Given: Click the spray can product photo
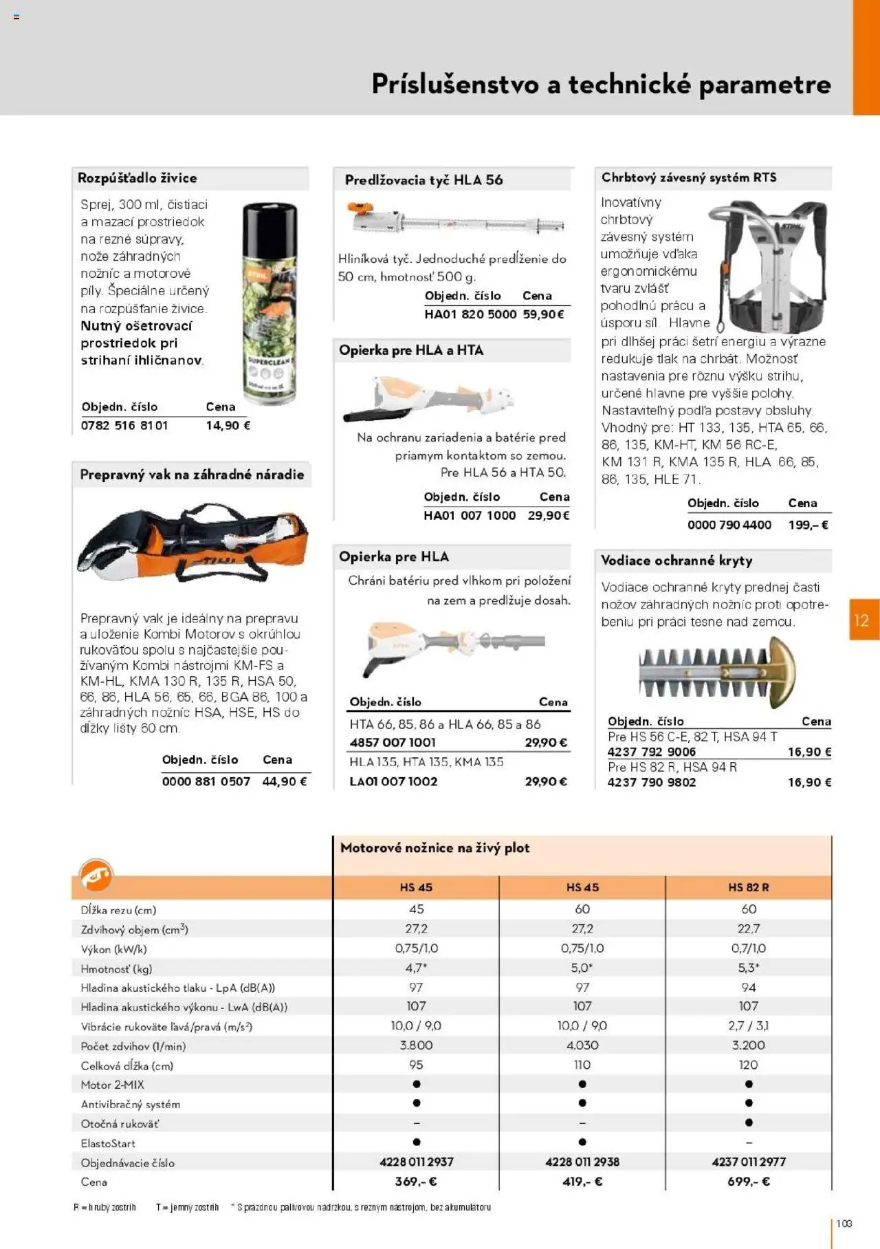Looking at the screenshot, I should coord(269,303).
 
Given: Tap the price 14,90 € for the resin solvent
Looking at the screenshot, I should coord(228,426).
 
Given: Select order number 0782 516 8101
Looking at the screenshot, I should coord(124,426).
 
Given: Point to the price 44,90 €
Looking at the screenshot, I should coord(284,781).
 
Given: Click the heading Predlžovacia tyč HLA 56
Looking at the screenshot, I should coord(423,180).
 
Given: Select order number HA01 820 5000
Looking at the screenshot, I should coord(470,314).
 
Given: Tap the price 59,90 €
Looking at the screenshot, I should coord(543,314).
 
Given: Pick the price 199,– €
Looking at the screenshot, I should coord(808,525).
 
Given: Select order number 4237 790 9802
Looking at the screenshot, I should coord(651,782).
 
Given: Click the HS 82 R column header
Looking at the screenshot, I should coord(748,887).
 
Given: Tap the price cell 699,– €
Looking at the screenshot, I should coord(748,1182).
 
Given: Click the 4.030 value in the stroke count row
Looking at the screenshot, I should coord(582,1045).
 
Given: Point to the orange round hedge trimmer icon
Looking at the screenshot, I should coord(96,876).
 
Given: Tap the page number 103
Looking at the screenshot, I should coord(844,1224).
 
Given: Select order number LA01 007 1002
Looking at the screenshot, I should coord(393,781).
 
